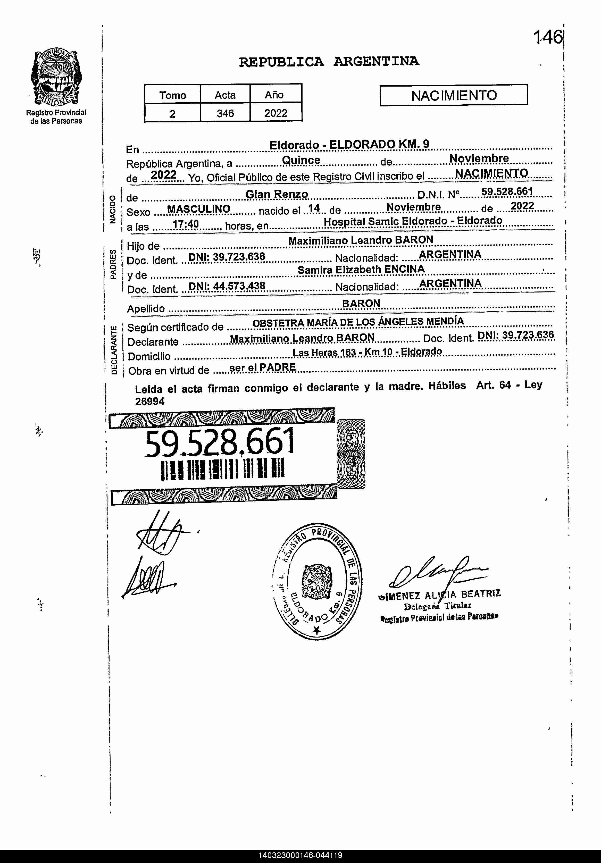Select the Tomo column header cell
pyautogui.click(x=172, y=95)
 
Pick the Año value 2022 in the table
pyautogui.click(x=276, y=113)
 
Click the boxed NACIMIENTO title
pyautogui.click(x=454, y=95)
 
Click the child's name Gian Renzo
pyautogui.click(x=277, y=194)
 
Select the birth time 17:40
pyautogui.click(x=185, y=224)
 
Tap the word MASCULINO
pyautogui.click(x=198, y=209)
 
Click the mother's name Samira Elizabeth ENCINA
pyautogui.click(x=361, y=270)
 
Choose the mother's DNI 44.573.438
pyautogui.click(x=227, y=286)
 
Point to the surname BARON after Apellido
pyautogui.click(x=361, y=303)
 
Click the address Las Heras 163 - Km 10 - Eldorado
pyautogui.click(x=367, y=352)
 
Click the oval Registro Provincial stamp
pyautogui.click(x=317, y=581)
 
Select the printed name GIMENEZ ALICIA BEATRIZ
pyautogui.click(x=439, y=595)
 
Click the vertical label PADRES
pyautogui.click(x=113, y=264)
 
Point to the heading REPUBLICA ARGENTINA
pyautogui.click(x=329, y=62)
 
